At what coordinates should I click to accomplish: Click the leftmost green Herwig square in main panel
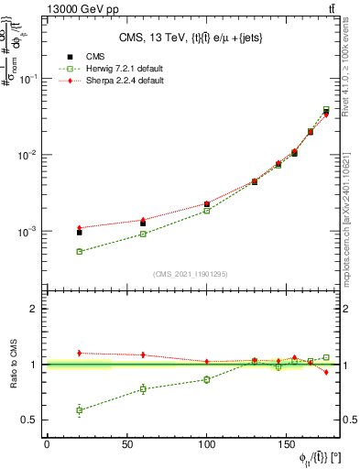coord(80,251)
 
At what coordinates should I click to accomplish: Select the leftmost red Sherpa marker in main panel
coord(80,227)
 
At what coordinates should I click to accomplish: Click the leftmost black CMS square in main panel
coord(80,233)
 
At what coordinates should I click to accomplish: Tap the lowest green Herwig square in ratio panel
coord(80,410)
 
